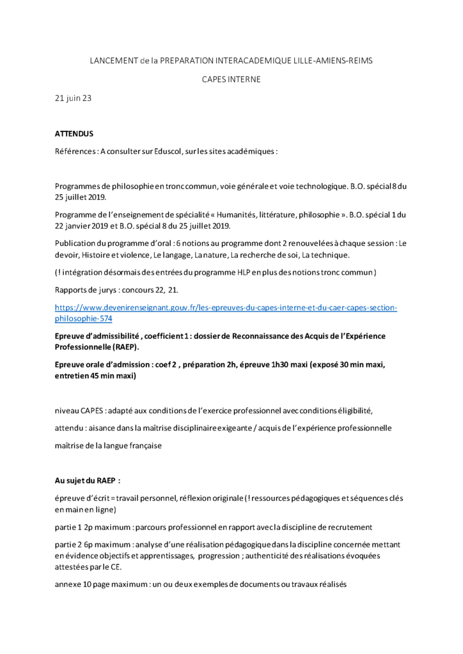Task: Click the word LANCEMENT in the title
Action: click(x=113, y=60)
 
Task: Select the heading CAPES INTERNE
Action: click(x=231, y=79)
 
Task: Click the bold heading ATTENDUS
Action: click(x=74, y=133)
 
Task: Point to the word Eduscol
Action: click(x=185, y=152)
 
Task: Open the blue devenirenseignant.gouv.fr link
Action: click(x=226, y=308)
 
